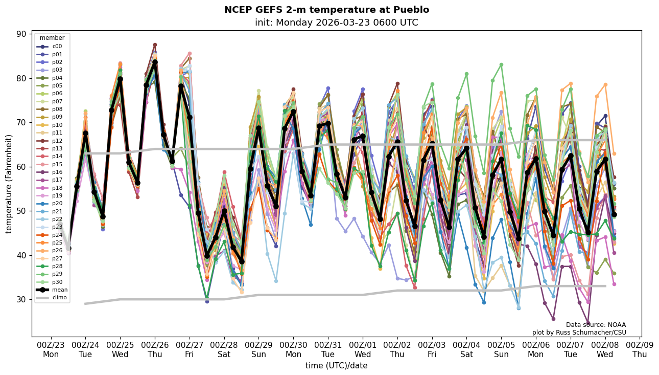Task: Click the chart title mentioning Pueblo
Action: click(x=326, y=10)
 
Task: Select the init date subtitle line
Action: click(x=336, y=23)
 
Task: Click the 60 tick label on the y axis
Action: click(x=22, y=167)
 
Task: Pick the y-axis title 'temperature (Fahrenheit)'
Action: click(x=9, y=184)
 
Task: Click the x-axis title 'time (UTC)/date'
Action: click(x=336, y=366)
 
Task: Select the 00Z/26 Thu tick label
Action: click(x=155, y=349)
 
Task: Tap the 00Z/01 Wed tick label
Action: click(x=363, y=349)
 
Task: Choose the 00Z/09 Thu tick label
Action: click(x=640, y=349)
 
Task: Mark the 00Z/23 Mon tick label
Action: click(x=51, y=349)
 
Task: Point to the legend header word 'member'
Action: click(x=52, y=38)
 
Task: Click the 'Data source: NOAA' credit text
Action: click(x=596, y=325)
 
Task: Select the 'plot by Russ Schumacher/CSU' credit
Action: click(x=579, y=333)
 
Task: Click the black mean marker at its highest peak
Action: click(x=155, y=62)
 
